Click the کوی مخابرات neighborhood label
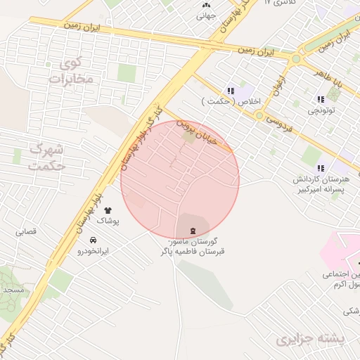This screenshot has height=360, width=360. [71, 72]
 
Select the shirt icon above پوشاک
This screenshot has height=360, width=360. [108, 210]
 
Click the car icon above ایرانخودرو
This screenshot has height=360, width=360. [93, 240]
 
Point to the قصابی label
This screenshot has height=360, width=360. [27, 231]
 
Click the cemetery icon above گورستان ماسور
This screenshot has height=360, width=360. [192, 231]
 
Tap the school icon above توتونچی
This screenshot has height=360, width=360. [321, 99]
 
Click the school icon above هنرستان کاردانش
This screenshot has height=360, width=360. [321, 168]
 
